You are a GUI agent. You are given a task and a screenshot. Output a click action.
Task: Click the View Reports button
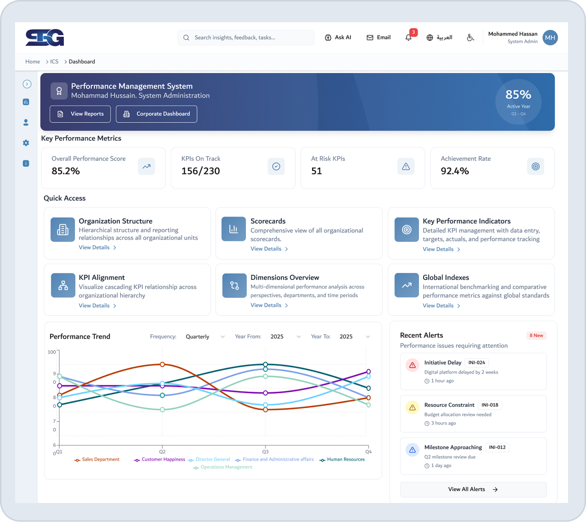(x=80, y=114)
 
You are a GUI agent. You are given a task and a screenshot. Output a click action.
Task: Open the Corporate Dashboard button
(x=156, y=114)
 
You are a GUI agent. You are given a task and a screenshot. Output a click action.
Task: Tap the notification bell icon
(x=408, y=37)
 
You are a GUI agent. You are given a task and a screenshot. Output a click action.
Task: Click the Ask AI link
(x=338, y=37)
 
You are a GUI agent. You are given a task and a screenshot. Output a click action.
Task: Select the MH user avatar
(x=550, y=37)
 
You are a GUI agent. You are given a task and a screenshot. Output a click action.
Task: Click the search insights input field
(x=246, y=37)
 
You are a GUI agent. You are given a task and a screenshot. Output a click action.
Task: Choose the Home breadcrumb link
(x=32, y=62)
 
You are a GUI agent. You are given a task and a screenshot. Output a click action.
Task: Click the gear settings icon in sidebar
(x=26, y=143)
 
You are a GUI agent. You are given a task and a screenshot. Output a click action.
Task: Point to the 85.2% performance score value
(x=66, y=171)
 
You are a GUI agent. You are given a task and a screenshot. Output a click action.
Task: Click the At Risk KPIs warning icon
(x=406, y=166)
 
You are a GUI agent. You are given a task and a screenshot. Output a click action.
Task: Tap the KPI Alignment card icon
(x=63, y=285)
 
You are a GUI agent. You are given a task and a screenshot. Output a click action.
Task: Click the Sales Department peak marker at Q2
(x=162, y=364)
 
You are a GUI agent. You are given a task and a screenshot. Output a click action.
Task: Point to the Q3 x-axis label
(x=265, y=452)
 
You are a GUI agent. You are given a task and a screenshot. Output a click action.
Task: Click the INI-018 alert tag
(x=490, y=405)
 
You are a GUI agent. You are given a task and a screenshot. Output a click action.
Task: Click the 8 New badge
(x=536, y=335)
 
